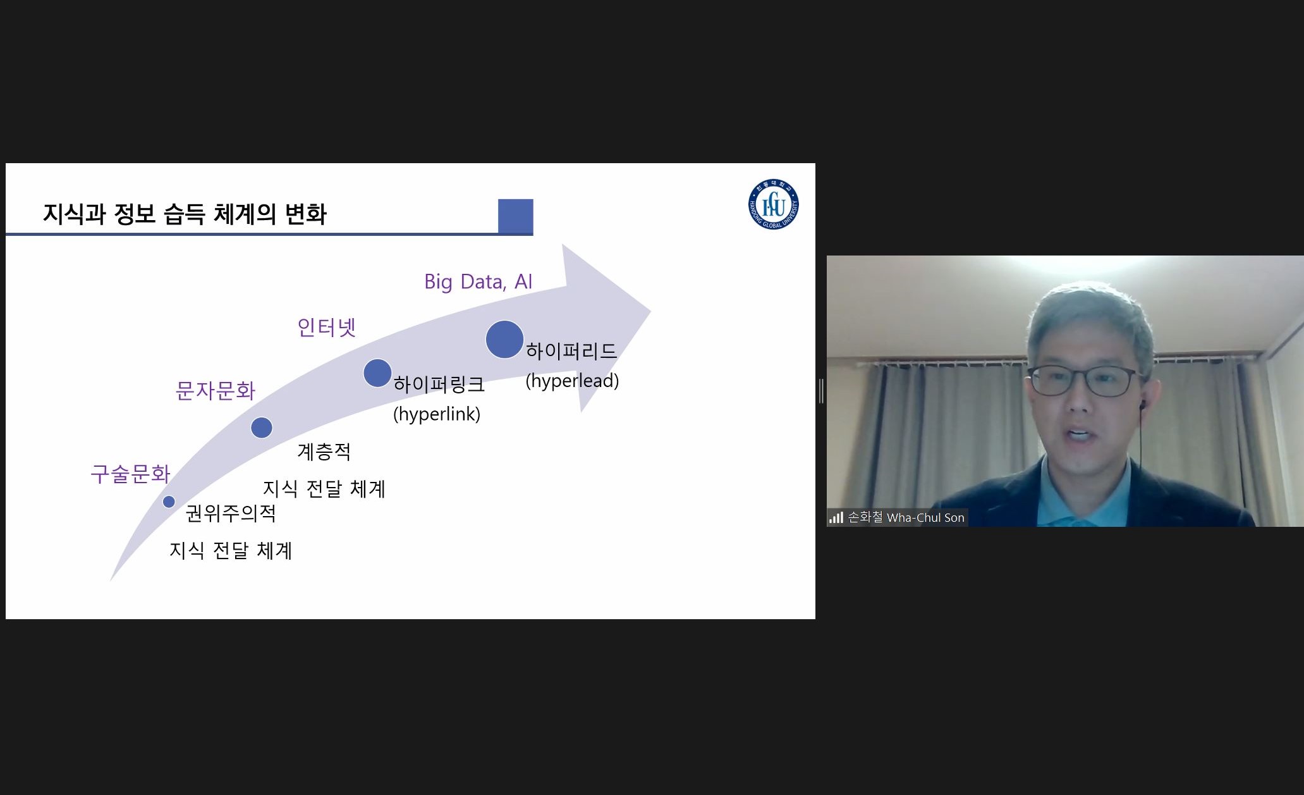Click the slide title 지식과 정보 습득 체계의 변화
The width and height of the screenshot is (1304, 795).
tap(185, 214)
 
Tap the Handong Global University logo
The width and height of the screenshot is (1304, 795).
tap(773, 204)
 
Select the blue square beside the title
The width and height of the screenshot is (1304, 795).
tap(515, 216)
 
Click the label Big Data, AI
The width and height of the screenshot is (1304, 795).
tap(478, 281)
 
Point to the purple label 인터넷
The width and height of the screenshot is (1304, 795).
tap(327, 327)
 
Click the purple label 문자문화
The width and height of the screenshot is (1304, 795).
tap(216, 390)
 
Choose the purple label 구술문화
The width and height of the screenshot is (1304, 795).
tap(131, 474)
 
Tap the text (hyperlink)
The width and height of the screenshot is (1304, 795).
tap(437, 414)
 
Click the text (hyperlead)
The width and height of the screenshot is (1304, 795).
tap(572, 381)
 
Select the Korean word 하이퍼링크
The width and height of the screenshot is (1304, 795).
tap(439, 384)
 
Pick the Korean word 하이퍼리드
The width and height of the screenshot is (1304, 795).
tap(571, 350)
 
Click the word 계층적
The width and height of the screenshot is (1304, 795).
tap(324, 452)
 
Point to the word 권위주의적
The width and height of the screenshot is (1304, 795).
tap(231, 513)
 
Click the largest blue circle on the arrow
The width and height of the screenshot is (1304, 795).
tap(504, 340)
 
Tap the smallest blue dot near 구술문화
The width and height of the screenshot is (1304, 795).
tap(169, 502)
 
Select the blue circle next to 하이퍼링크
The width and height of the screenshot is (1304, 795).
tap(377, 373)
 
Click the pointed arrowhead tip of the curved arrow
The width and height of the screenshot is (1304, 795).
tap(650, 311)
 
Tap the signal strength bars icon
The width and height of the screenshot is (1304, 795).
tap(836, 517)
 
